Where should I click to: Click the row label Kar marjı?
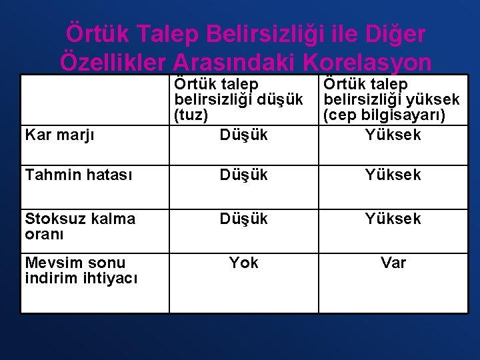(60, 135)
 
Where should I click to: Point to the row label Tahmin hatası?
(79, 175)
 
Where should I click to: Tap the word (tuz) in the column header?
(191, 115)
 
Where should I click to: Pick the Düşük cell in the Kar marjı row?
(243, 135)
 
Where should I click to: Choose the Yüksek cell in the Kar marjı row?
(393, 135)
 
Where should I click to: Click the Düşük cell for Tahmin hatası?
(243, 175)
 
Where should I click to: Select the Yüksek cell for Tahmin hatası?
(393, 175)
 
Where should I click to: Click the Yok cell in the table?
(243, 263)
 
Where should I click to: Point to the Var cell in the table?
(393, 263)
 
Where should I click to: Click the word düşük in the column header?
(279, 100)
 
